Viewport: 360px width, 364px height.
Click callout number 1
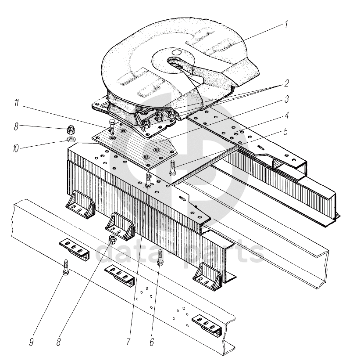coord(286,25)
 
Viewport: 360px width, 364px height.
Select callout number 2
coord(287,83)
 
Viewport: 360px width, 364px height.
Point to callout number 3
coord(287,99)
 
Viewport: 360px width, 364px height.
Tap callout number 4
coord(287,115)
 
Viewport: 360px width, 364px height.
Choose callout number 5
coord(285,132)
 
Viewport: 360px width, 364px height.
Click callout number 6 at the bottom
coord(152,342)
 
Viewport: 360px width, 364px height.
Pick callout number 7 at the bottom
coord(128,342)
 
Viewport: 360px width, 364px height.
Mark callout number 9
coord(32,342)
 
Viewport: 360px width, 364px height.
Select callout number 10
coord(15,148)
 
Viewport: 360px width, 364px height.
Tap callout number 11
coord(17,103)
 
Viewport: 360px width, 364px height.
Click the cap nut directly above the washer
coord(70,129)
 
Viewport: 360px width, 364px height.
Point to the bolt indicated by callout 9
coord(66,267)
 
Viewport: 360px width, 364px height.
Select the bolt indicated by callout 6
coord(160,257)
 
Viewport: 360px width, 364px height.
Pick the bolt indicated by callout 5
coord(172,168)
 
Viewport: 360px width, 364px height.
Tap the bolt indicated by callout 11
coord(112,127)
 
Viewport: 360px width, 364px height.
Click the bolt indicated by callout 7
coord(148,180)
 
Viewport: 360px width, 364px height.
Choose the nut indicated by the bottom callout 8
coord(113,239)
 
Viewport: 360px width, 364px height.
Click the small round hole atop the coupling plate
coord(177,52)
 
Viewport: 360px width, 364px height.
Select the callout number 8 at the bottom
coord(59,342)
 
